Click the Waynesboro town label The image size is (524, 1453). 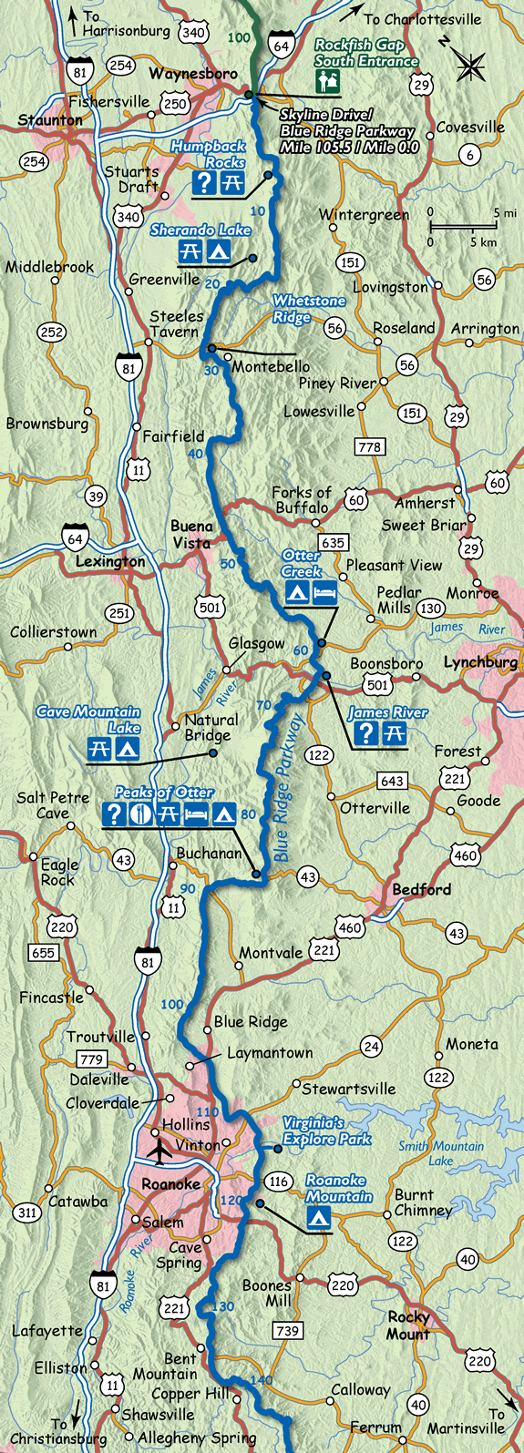(193, 73)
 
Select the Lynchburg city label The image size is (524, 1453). (480, 663)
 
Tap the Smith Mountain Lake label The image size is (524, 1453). (441, 1153)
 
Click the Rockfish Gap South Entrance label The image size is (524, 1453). (366, 53)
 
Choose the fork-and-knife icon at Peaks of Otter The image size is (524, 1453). (141, 814)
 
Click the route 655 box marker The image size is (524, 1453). (43, 953)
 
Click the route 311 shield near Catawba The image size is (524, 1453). (27, 1213)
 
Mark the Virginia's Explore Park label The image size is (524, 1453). (326, 1131)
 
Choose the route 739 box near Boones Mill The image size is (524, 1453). (288, 1331)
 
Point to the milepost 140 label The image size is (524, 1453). (261, 1381)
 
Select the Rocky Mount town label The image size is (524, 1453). (409, 1325)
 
